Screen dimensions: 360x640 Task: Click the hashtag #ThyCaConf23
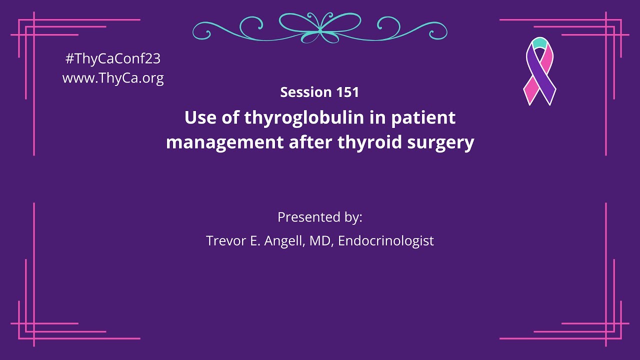[113, 58]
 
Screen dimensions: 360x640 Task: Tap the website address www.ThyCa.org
[113, 78]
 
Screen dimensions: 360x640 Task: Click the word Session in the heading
[306, 92]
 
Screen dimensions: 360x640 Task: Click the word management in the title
[224, 143]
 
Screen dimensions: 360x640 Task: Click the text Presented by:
[320, 217]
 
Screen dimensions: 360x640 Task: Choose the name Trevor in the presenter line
[225, 240]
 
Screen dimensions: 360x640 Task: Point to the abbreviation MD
[320, 240]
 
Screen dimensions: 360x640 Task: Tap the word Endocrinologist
[385, 240]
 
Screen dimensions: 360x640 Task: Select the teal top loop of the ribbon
[539, 42]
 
